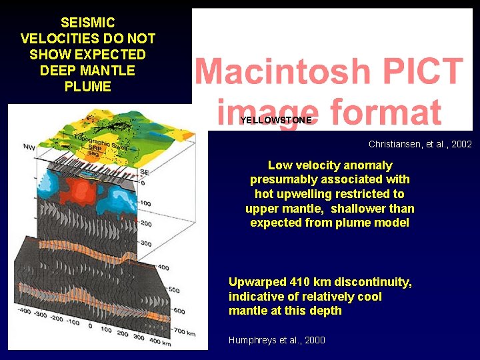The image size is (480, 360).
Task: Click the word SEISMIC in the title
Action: [88, 23]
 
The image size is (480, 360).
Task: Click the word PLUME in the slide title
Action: [88, 87]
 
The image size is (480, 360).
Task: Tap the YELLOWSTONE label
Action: [275, 121]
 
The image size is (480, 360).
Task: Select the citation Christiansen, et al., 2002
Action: [420, 144]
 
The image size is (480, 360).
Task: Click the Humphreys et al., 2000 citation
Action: [277, 340]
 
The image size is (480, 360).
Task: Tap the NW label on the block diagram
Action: [29, 147]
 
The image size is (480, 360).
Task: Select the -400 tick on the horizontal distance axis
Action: [25, 311]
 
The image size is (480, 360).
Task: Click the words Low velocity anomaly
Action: [330, 165]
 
